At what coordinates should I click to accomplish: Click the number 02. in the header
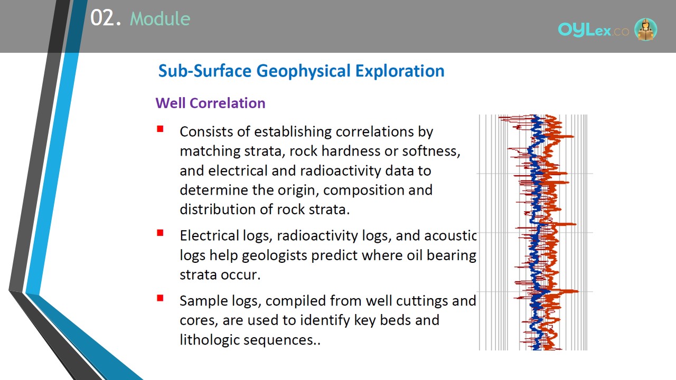pyautogui.click(x=106, y=18)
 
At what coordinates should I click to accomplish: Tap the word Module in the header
pyautogui.click(x=160, y=18)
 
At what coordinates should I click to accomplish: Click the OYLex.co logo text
pyautogui.click(x=593, y=30)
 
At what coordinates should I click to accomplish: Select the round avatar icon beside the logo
pyautogui.click(x=645, y=29)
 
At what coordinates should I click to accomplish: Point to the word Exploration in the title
pyautogui.click(x=400, y=71)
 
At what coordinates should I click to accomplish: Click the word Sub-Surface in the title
pyautogui.click(x=205, y=71)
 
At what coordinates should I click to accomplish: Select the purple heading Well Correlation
pyautogui.click(x=210, y=103)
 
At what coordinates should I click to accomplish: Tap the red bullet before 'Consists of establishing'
pyautogui.click(x=160, y=129)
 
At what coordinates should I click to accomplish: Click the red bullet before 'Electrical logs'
pyautogui.click(x=160, y=233)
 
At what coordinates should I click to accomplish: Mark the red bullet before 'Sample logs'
pyautogui.click(x=160, y=298)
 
